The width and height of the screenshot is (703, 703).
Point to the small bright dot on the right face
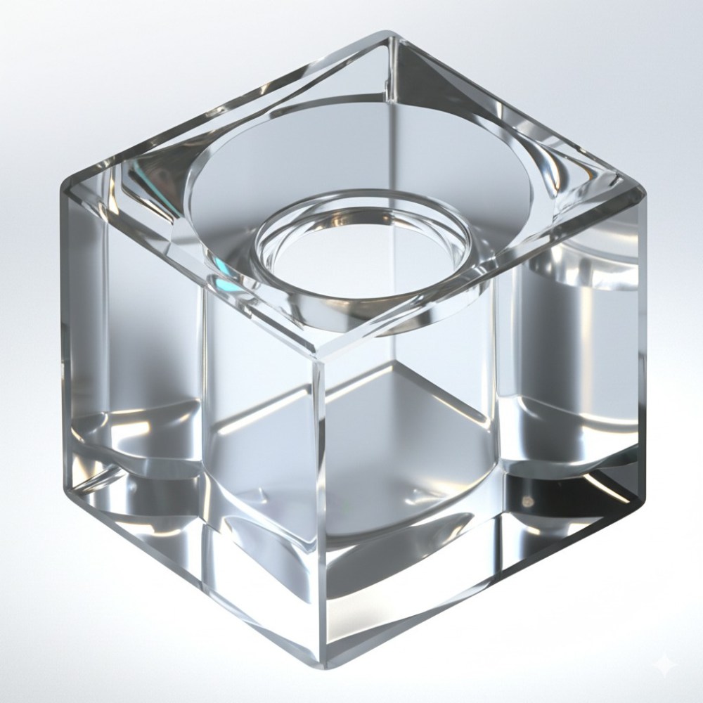coord(526,500)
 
